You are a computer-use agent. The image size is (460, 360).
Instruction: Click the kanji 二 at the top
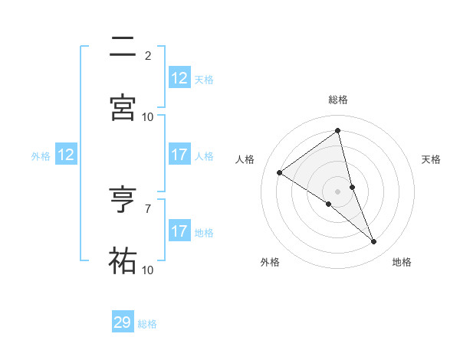tap(123, 47)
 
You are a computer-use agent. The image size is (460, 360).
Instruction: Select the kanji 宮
tap(123, 108)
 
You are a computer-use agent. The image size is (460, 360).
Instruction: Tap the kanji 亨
tap(123, 200)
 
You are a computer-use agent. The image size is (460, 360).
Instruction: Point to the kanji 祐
tap(123, 261)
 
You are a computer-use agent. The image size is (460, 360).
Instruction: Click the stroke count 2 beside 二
tap(148, 56)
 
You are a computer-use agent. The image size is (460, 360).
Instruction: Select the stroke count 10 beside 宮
tap(148, 117)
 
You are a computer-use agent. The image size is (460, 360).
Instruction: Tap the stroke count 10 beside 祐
tap(148, 270)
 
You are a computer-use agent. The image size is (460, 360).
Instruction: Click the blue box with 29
tap(123, 322)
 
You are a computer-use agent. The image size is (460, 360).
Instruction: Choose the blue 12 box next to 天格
tap(179, 78)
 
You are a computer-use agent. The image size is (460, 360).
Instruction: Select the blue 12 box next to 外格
tap(66, 155)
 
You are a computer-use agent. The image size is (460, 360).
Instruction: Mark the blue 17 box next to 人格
tap(179, 155)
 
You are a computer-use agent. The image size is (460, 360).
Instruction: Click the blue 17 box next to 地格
tap(179, 231)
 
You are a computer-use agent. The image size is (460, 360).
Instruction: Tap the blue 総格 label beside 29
tap(147, 324)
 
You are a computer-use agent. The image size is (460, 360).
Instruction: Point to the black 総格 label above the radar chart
tap(338, 100)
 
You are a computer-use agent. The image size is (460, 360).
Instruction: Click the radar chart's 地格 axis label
tap(402, 262)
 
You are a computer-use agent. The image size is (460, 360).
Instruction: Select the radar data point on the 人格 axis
tap(279, 172)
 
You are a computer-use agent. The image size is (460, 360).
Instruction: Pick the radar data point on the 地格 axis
tap(374, 242)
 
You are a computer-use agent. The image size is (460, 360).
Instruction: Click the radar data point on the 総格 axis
tap(338, 131)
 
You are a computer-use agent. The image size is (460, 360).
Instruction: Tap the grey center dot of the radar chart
tap(338, 191)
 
